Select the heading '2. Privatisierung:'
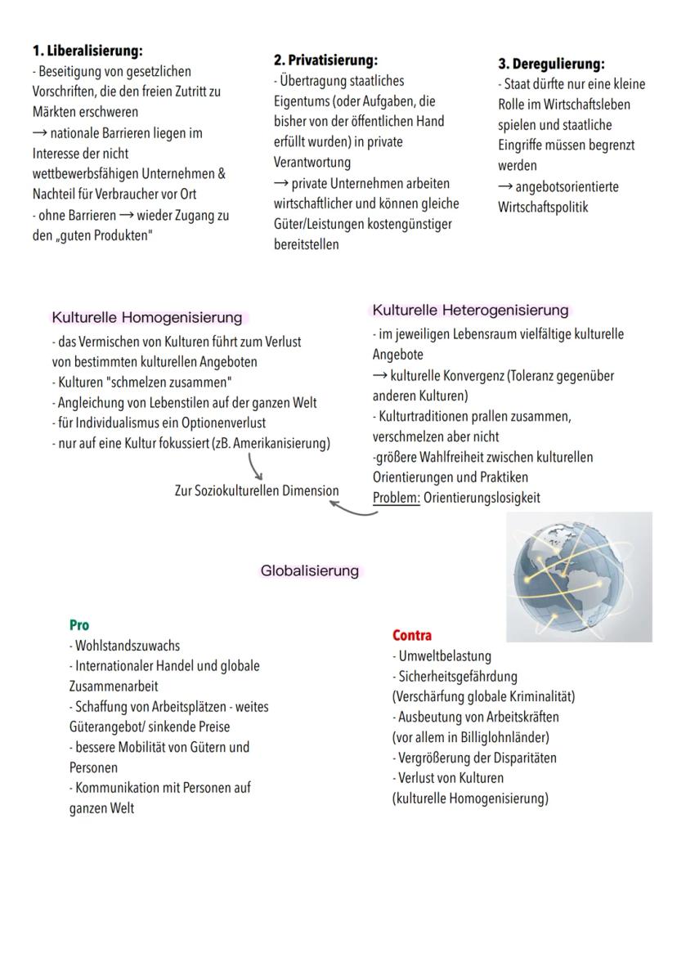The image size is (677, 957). click(x=325, y=60)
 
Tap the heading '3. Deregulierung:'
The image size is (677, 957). click(x=551, y=64)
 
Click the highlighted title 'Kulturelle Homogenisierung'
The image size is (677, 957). click(x=147, y=317)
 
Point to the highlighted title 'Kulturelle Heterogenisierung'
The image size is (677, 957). click(x=470, y=311)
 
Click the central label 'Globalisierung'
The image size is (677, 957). click(x=309, y=570)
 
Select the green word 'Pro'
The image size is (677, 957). click(x=79, y=625)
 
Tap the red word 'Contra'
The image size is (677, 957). click(x=412, y=635)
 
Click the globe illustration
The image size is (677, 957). click(x=580, y=576)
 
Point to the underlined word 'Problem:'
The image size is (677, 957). click(x=397, y=498)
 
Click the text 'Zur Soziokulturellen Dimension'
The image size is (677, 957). click(x=257, y=491)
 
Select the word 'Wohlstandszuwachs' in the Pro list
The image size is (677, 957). click(x=127, y=646)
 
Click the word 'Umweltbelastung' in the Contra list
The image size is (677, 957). click(x=446, y=655)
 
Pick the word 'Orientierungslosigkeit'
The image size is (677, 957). click(x=482, y=498)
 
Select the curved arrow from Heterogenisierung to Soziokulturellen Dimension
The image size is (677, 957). click(x=353, y=509)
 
